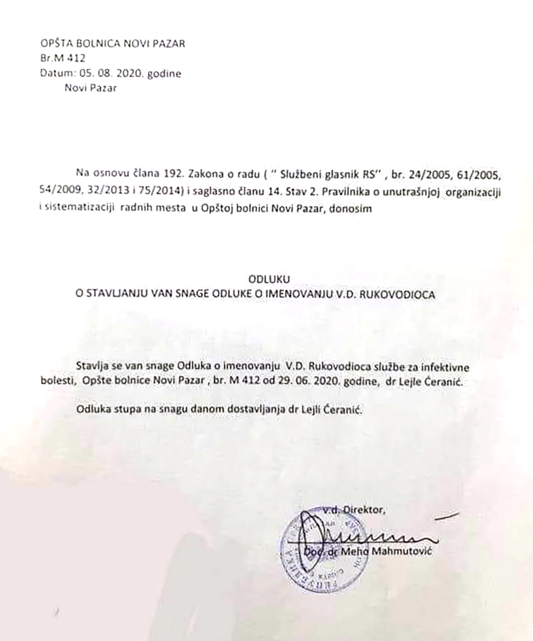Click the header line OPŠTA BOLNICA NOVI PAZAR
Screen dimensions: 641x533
113,43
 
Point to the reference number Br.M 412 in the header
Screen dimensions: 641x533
63,58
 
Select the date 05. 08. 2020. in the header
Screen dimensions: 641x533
112,73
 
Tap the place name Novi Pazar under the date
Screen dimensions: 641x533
90,88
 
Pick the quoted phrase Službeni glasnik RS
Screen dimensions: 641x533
328,174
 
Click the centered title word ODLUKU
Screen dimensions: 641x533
269,279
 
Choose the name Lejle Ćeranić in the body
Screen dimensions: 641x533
433,382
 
